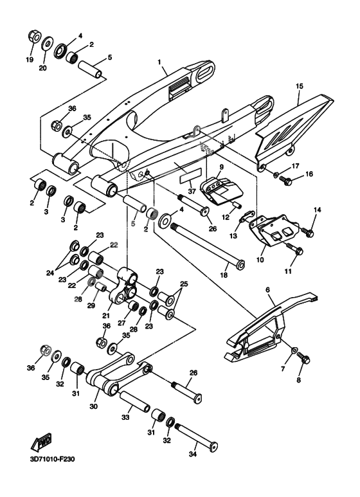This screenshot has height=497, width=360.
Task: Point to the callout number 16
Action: tap(309, 174)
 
